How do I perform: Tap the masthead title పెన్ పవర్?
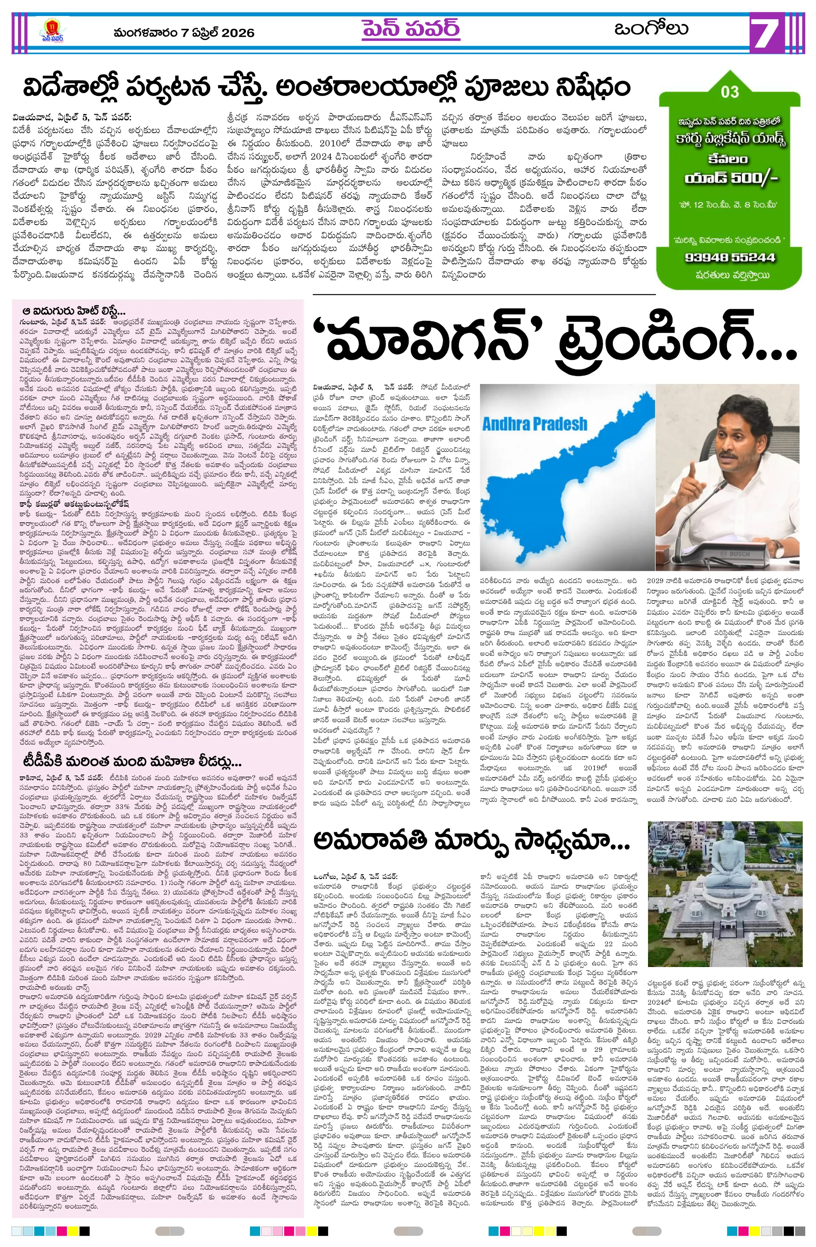410,29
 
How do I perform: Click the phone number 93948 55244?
730,258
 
